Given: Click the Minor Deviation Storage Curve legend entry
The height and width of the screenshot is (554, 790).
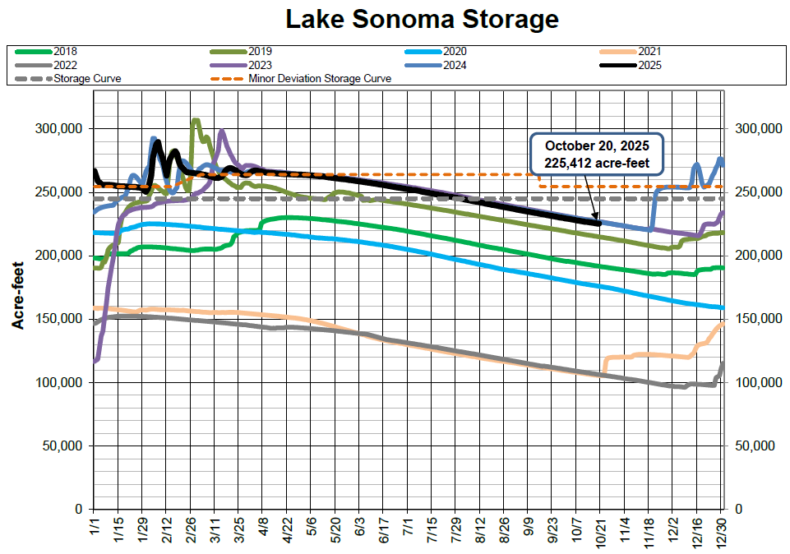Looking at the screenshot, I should coord(319,79).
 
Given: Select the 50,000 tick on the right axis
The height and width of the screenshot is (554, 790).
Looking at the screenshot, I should coord(753,446).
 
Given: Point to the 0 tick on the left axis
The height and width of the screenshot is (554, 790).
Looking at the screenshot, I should coord(81,510).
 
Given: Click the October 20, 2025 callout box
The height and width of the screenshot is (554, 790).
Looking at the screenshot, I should coord(596,155).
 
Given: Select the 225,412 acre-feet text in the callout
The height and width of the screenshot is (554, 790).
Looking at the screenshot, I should coord(596,164).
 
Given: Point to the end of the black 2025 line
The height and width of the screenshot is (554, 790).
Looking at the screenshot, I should coord(599,223).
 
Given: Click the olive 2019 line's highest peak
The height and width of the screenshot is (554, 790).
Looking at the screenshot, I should coord(195,121).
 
